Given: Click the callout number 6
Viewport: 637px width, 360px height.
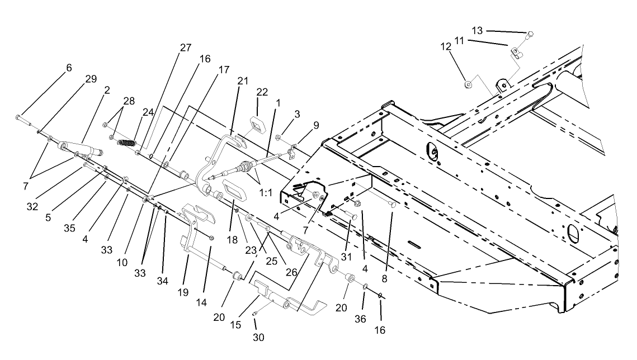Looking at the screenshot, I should pyautogui.click(x=69, y=68).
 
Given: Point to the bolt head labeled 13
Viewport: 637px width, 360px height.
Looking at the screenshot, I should pyautogui.click(x=530, y=34).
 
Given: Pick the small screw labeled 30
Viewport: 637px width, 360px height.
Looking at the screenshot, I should pyautogui.click(x=255, y=314).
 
